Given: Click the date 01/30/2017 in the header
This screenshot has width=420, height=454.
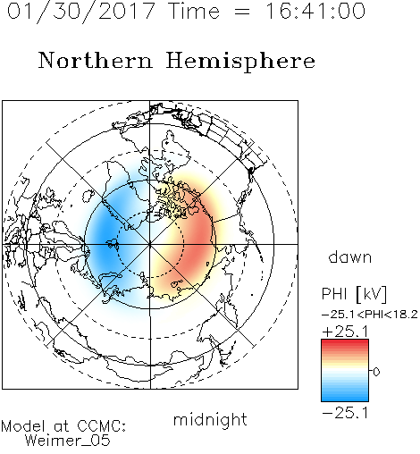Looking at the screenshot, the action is coord(80,11).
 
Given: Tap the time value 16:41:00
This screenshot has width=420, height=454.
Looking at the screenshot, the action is coord(315,11).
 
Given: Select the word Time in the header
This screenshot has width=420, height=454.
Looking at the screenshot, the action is coord(194,11).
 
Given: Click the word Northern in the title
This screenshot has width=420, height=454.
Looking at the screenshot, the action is coord(95,60).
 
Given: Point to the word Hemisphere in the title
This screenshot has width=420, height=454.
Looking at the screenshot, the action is coord(240,62).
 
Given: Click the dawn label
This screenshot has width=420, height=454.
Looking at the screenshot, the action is coord(350,256).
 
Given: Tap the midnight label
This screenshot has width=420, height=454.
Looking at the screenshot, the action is coord(210,420).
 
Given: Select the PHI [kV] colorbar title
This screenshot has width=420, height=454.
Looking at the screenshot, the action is coord(354,294).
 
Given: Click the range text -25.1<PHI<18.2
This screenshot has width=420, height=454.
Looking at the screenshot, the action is coord(370,315).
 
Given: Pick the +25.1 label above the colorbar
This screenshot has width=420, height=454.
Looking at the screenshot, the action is coord(346,332).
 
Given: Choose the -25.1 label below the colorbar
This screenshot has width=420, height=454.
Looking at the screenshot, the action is coord(346,413).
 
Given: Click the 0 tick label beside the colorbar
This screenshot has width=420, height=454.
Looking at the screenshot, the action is coord(376,372).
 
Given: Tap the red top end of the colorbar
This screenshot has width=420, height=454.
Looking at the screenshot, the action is coord(345,341).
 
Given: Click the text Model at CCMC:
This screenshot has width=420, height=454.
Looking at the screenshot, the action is coord(63,426).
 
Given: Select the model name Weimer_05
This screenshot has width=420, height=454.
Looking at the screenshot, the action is coord(68,441).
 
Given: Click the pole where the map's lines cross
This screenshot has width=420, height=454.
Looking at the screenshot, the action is coord(150,244).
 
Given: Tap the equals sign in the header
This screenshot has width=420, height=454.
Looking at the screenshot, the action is coord(242,12).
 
